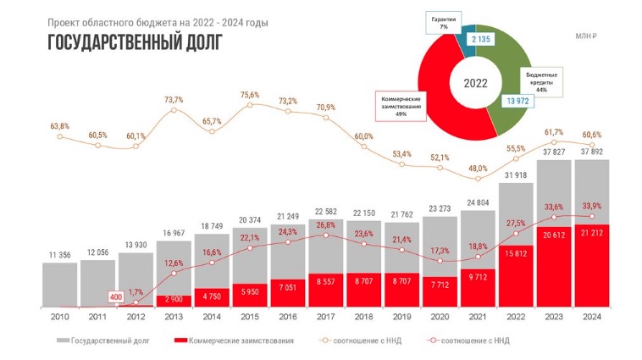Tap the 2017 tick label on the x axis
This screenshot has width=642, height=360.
[327, 317]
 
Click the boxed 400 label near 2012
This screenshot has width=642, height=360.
[117, 297]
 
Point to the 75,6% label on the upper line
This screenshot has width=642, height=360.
[250, 95]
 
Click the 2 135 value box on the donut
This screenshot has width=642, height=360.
[470, 39]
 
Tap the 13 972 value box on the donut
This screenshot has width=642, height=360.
[517, 101]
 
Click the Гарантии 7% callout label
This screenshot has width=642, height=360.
[443, 23]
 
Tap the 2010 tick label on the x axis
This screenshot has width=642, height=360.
[59, 317]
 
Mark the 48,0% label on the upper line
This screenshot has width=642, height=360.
[479, 168]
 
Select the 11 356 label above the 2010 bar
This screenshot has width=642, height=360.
[59, 253]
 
